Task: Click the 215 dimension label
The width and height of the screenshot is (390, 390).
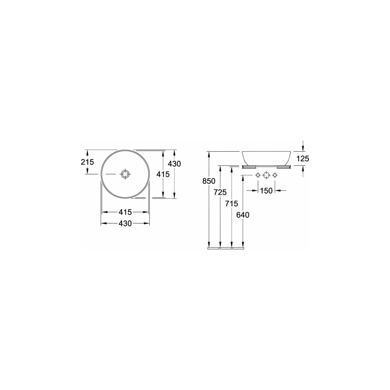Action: point(87,162)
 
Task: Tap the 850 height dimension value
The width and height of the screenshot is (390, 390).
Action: point(209,181)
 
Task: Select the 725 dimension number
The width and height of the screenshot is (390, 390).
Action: point(220,192)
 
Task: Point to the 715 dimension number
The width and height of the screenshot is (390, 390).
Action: point(232,204)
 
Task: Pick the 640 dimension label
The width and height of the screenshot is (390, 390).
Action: point(243,215)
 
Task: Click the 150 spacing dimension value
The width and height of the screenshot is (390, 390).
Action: point(266,191)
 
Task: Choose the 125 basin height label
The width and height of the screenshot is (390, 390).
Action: point(303,158)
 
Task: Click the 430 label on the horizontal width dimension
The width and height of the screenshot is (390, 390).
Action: point(125,223)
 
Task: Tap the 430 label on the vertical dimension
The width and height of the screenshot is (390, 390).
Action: point(174,164)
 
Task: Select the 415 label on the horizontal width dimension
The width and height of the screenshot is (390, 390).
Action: point(125,212)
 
